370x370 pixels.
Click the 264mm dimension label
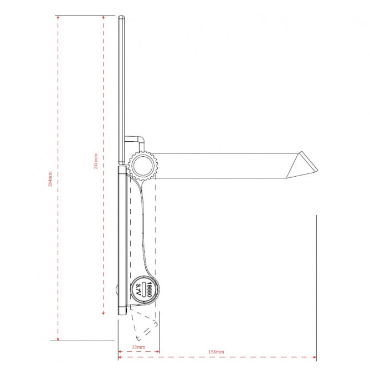point(51,178)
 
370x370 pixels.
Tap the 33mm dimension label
point(138,347)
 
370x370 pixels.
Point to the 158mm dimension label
point(217,352)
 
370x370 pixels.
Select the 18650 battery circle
point(143,289)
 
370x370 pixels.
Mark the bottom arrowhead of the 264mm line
point(58,338)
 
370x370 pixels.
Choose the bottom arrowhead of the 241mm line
point(103,314)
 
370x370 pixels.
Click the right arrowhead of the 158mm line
point(314,356)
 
